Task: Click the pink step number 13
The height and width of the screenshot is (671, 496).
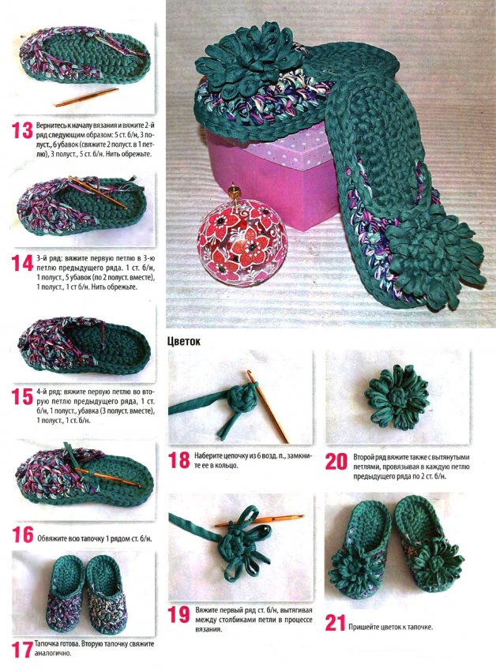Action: (22, 130)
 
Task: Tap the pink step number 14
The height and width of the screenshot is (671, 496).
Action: (22, 263)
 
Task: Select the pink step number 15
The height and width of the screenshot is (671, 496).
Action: (22, 397)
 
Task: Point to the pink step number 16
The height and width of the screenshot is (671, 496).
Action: (23, 535)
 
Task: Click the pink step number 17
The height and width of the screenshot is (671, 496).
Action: (22, 650)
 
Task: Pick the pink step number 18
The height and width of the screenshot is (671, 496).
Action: (178, 460)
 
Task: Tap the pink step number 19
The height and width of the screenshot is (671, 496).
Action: (178, 614)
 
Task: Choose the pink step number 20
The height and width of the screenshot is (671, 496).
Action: (336, 461)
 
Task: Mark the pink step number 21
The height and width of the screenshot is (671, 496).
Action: (336, 623)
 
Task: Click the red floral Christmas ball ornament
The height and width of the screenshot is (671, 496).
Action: (242, 242)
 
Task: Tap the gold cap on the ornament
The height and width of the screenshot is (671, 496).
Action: (234, 192)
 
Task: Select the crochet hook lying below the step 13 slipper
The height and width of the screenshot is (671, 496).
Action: (86, 97)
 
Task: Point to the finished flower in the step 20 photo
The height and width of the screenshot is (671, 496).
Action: (396, 397)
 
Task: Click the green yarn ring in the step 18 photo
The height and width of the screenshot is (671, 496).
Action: (241, 398)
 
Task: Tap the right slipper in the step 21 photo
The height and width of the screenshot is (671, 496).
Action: (428, 542)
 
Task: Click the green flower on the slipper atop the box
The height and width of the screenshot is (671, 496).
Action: (250, 58)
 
